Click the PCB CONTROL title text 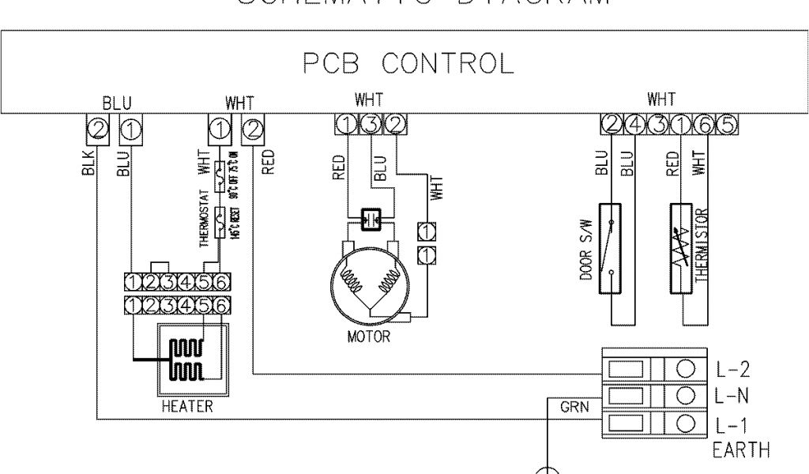[408, 62]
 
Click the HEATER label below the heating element [187, 408]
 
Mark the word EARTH [740, 451]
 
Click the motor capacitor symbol [370, 220]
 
